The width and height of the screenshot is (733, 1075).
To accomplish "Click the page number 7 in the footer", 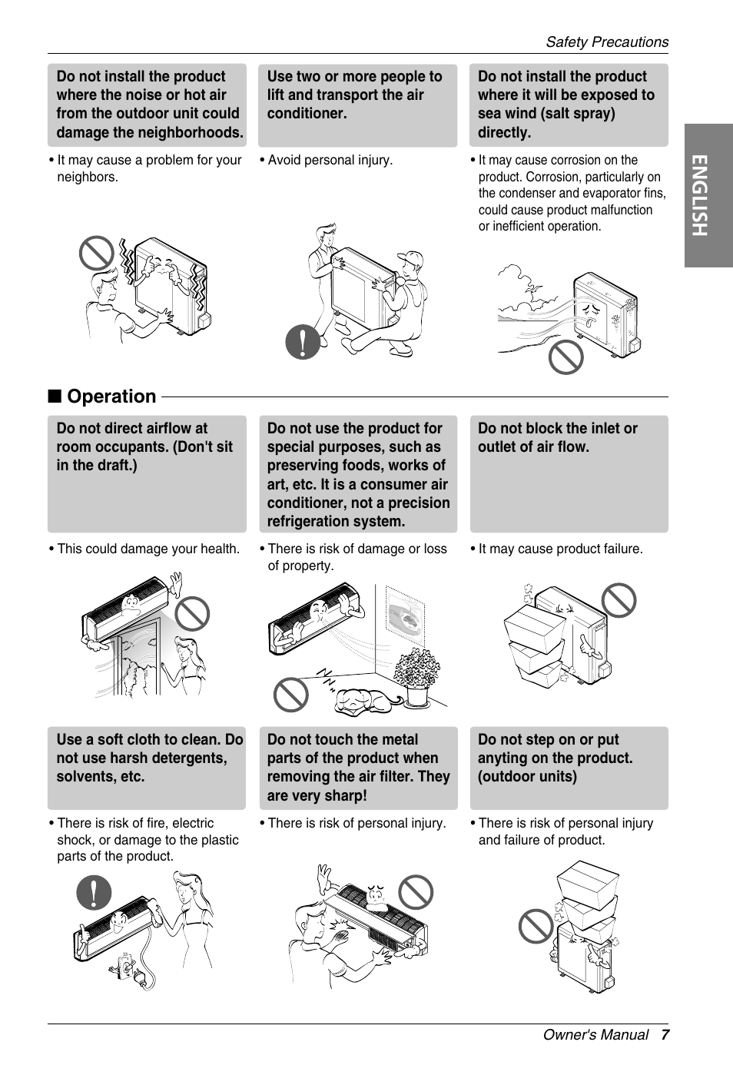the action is coord(665,1035).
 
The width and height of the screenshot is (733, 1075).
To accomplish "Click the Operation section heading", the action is coord(111,396).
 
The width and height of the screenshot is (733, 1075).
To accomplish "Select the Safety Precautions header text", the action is coord(607,41).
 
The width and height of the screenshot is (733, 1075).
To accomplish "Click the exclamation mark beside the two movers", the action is coord(303,342).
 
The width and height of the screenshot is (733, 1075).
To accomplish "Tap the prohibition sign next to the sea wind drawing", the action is coord(566,357).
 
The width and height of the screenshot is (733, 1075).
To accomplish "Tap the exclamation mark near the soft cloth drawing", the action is coord(94,891).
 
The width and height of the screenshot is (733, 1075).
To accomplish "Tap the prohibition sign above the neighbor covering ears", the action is coord(97,253).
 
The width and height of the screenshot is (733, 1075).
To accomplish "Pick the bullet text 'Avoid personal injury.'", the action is coord(330,160).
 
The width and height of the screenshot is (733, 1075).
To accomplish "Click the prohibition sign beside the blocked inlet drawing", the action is coord(619,600).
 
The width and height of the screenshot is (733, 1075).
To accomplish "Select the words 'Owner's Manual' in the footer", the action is coord(595,1035).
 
